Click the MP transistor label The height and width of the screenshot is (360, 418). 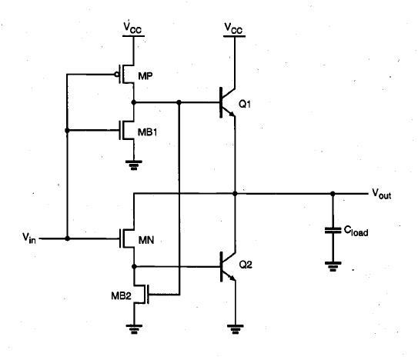click(x=145, y=76)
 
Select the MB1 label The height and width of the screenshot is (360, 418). click(x=148, y=132)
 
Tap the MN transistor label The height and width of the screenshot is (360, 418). click(x=146, y=240)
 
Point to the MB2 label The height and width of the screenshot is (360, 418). click(x=122, y=295)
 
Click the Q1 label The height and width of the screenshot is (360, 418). click(x=245, y=104)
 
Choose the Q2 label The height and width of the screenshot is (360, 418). click(x=246, y=265)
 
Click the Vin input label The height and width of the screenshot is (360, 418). click(x=28, y=238)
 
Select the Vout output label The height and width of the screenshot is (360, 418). click(x=382, y=194)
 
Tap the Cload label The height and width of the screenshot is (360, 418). click(x=356, y=231)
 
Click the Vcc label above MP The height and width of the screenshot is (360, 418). click(x=132, y=28)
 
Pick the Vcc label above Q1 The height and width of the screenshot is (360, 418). click(x=233, y=28)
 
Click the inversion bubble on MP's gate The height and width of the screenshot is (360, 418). click(x=116, y=75)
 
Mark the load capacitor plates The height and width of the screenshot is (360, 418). click(x=333, y=230)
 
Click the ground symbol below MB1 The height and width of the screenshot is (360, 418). click(x=134, y=165)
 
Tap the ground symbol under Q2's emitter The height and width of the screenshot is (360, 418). click(x=235, y=329)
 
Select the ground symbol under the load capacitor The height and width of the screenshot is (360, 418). click(x=333, y=266)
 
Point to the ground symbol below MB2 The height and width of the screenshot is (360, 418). click(x=134, y=329)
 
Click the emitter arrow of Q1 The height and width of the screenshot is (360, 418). click(x=232, y=114)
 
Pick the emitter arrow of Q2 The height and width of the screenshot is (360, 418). click(x=232, y=278)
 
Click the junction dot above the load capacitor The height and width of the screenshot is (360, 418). click(x=333, y=194)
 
